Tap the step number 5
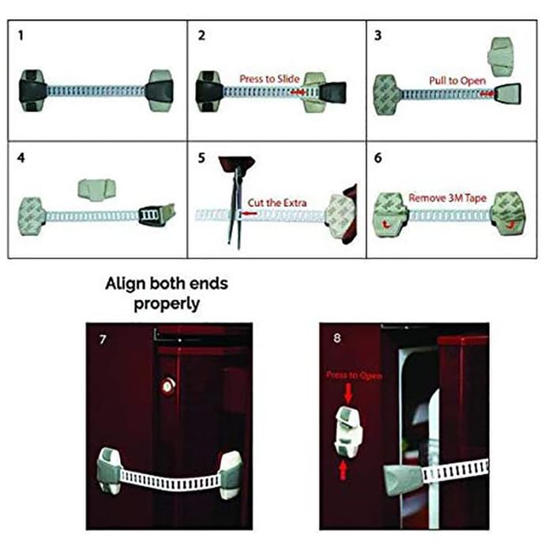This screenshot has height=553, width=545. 201,157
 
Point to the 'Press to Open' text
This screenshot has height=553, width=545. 354,375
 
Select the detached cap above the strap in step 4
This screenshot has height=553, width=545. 98,188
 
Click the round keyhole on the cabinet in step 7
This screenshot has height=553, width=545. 167,386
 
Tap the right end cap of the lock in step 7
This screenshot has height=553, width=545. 230,473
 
